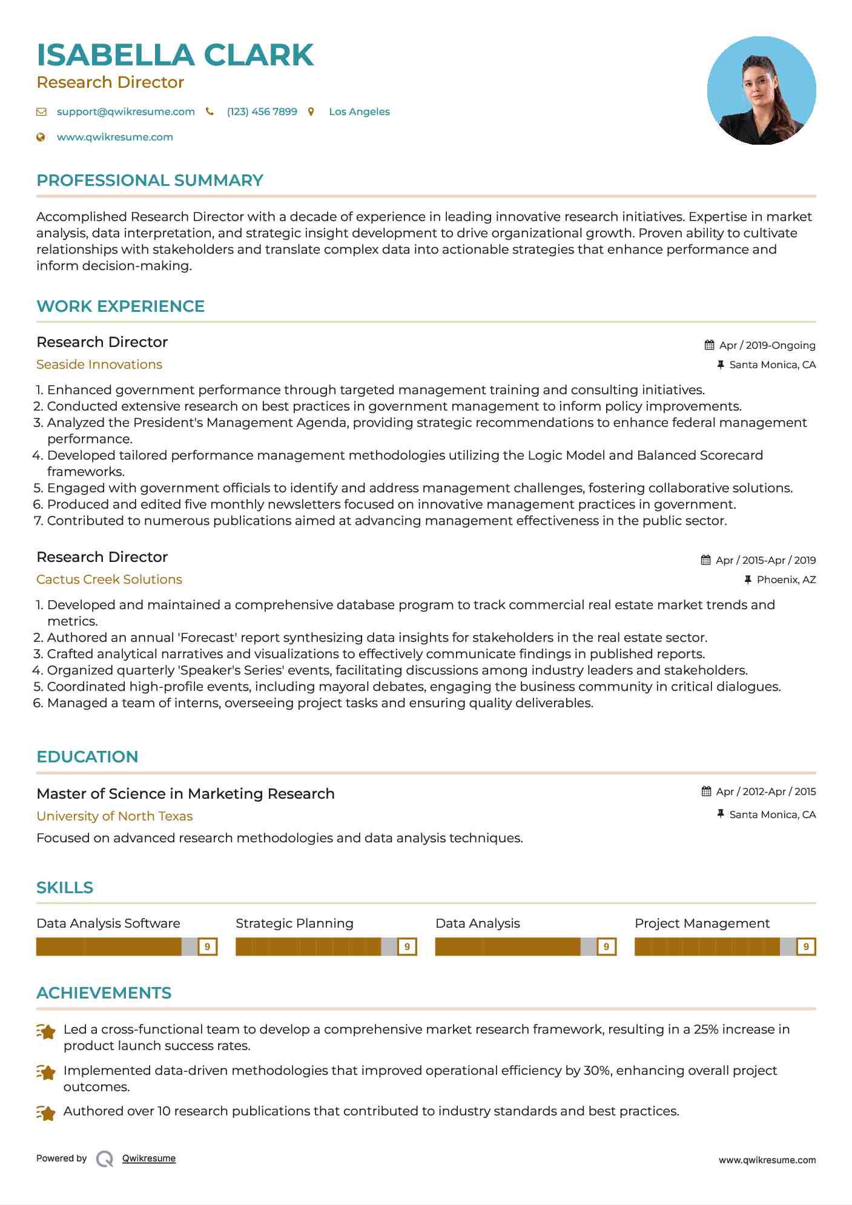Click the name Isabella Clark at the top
175,55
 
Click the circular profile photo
761,91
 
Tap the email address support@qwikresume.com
125,111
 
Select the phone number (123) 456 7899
262,111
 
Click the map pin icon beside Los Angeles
311,111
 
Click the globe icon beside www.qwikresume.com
41,137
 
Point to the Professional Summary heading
150,180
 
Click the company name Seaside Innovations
99,365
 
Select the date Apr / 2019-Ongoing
767,345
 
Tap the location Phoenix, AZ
786,579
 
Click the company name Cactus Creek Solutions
109,579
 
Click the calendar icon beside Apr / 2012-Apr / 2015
706,791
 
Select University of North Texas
114,816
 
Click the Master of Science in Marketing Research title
185,794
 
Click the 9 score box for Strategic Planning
407,946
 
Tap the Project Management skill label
702,923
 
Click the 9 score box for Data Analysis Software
208,946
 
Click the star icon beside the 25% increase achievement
46,1031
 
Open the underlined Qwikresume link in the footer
149,1158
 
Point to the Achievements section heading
104,993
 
